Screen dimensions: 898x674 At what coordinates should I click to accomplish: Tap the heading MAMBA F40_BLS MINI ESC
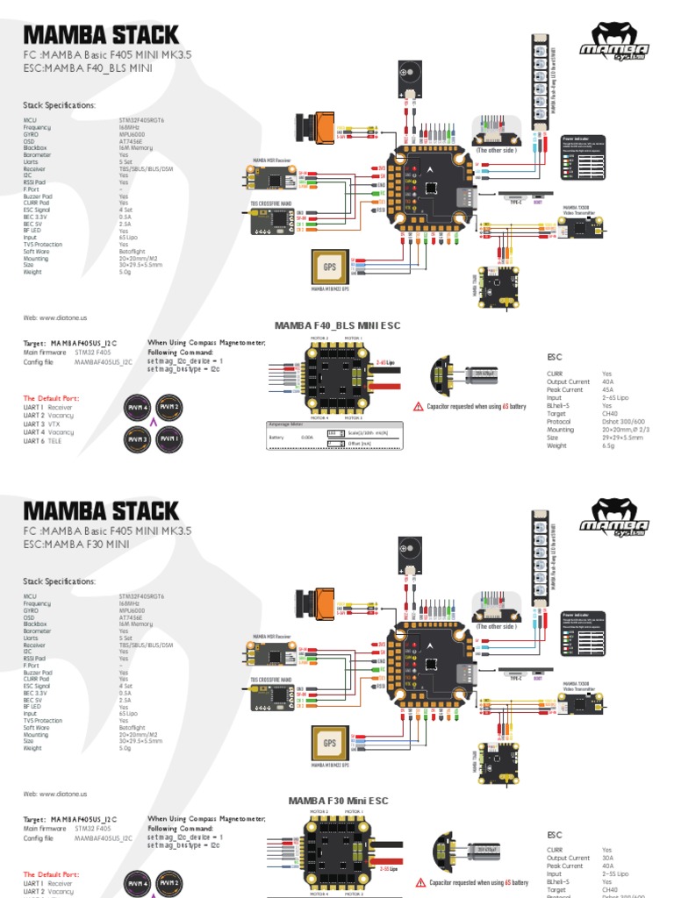[337, 325]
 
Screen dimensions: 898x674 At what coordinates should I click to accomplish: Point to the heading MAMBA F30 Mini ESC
[338, 801]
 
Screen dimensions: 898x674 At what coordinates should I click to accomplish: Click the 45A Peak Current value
[606, 390]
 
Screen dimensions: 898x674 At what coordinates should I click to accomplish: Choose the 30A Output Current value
[606, 858]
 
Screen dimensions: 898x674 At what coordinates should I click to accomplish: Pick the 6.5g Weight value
[607, 445]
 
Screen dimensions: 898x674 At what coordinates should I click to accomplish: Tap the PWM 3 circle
[138, 438]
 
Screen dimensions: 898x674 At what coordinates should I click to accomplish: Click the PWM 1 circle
[168, 438]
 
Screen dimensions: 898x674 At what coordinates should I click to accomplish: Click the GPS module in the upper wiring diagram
[329, 266]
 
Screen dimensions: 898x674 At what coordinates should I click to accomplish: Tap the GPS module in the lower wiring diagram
[329, 744]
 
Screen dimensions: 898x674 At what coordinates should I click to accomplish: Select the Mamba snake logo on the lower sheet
[620, 522]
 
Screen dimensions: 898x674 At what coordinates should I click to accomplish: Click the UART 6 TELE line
[48, 441]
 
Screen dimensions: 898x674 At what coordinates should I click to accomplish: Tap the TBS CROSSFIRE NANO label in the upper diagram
[269, 203]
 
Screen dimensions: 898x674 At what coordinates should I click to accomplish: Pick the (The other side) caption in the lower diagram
[496, 626]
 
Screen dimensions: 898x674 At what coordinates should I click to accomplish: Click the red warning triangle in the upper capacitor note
[418, 407]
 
